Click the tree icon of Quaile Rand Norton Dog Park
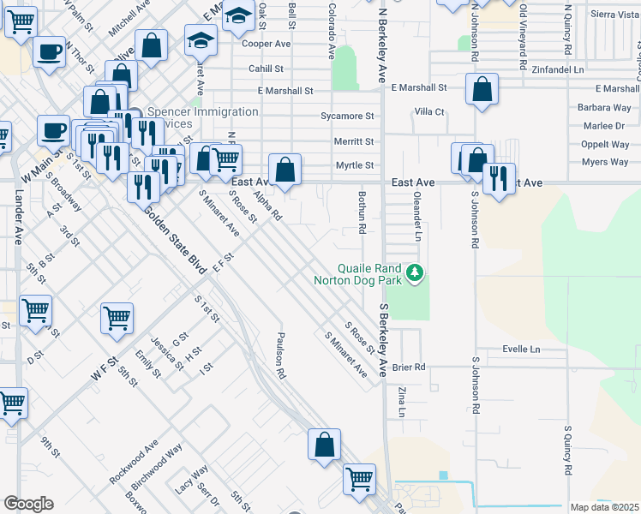tap(416, 272)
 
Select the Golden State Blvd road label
tap(176, 241)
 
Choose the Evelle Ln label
tap(522, 350)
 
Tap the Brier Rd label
tap(409, 367)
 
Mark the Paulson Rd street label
tap(279, 356)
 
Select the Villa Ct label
tap(429, 111)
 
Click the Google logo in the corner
tap(28, 503)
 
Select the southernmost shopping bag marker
tap(324, 445)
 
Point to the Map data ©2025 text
tap(604, 507)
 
